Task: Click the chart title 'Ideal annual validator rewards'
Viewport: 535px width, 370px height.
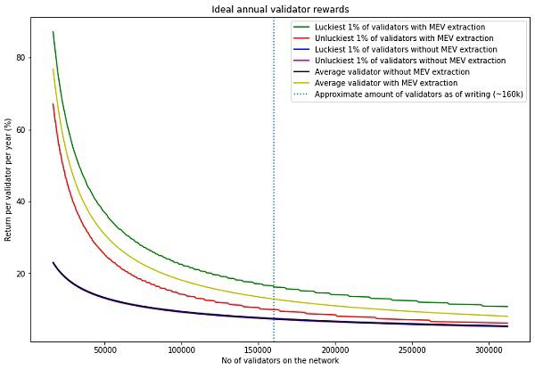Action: coord(280,9)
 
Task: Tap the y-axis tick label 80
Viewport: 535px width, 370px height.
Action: coord(21,58)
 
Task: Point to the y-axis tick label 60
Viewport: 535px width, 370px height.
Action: coord(21,130)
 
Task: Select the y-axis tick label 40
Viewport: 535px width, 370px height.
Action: coord(21,201)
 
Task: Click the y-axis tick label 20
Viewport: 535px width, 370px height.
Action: coord(21,274)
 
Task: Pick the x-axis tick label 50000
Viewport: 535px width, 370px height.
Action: coord(104,350)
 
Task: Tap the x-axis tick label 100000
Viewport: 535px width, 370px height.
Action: coord(181,350)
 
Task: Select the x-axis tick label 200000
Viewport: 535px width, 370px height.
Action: coord(335,350)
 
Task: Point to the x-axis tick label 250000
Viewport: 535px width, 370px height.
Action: coord(412,350)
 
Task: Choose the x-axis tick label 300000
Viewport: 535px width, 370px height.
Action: coord(490,350)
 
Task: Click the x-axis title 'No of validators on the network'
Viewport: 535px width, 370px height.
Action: coord(280,361)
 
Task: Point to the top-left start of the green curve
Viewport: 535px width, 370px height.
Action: coord(53,31)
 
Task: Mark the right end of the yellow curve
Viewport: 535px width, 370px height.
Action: coord(507,317)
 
